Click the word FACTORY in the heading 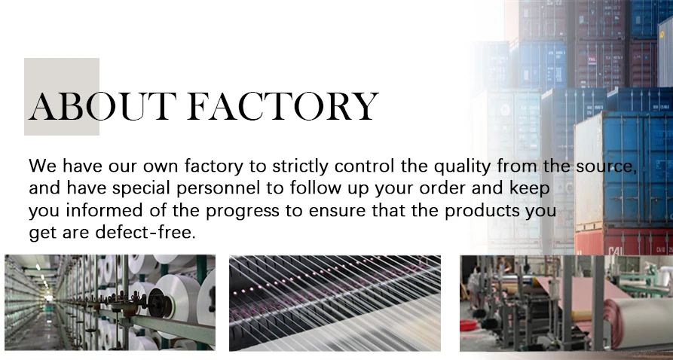click(283, 106)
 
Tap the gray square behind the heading click(62, 96)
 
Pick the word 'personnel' click(218, 189)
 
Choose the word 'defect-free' click(145, 233)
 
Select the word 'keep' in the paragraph click(530, 189)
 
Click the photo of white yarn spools click(110, 303)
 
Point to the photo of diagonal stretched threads click(335, 303)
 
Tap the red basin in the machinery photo click(469, 325)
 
